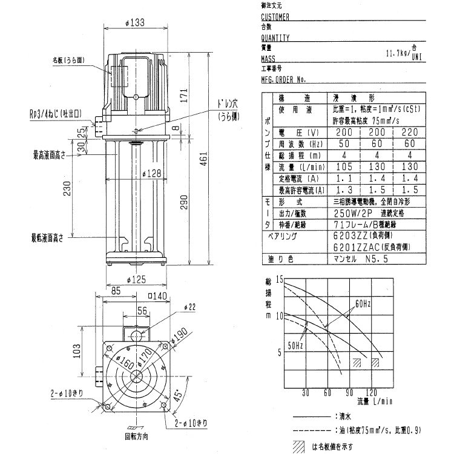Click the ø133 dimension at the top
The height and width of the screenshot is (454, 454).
coord(137,24)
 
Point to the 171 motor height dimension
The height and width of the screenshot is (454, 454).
coord(183,96)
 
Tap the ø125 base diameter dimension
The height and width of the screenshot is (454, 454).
coord(136,280)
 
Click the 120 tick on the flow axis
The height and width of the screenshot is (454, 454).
coord(372,392)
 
